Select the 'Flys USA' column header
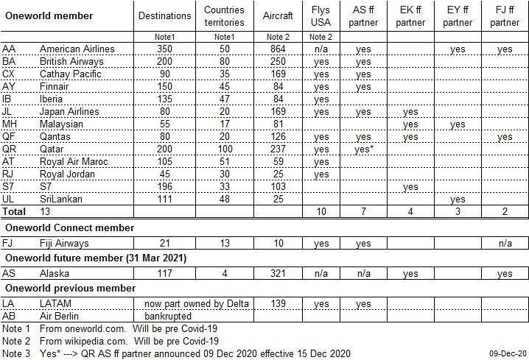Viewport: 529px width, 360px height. pos(320,15)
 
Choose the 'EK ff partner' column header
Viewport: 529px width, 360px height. pos(410,15)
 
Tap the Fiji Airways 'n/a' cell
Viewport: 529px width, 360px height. pos(505,242)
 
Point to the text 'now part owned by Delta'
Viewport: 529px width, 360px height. pos(196,303)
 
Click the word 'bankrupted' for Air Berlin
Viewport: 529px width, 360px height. pos(168,316)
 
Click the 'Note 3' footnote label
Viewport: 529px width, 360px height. pos(15,353)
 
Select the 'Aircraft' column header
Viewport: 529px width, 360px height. pos(277,15)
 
